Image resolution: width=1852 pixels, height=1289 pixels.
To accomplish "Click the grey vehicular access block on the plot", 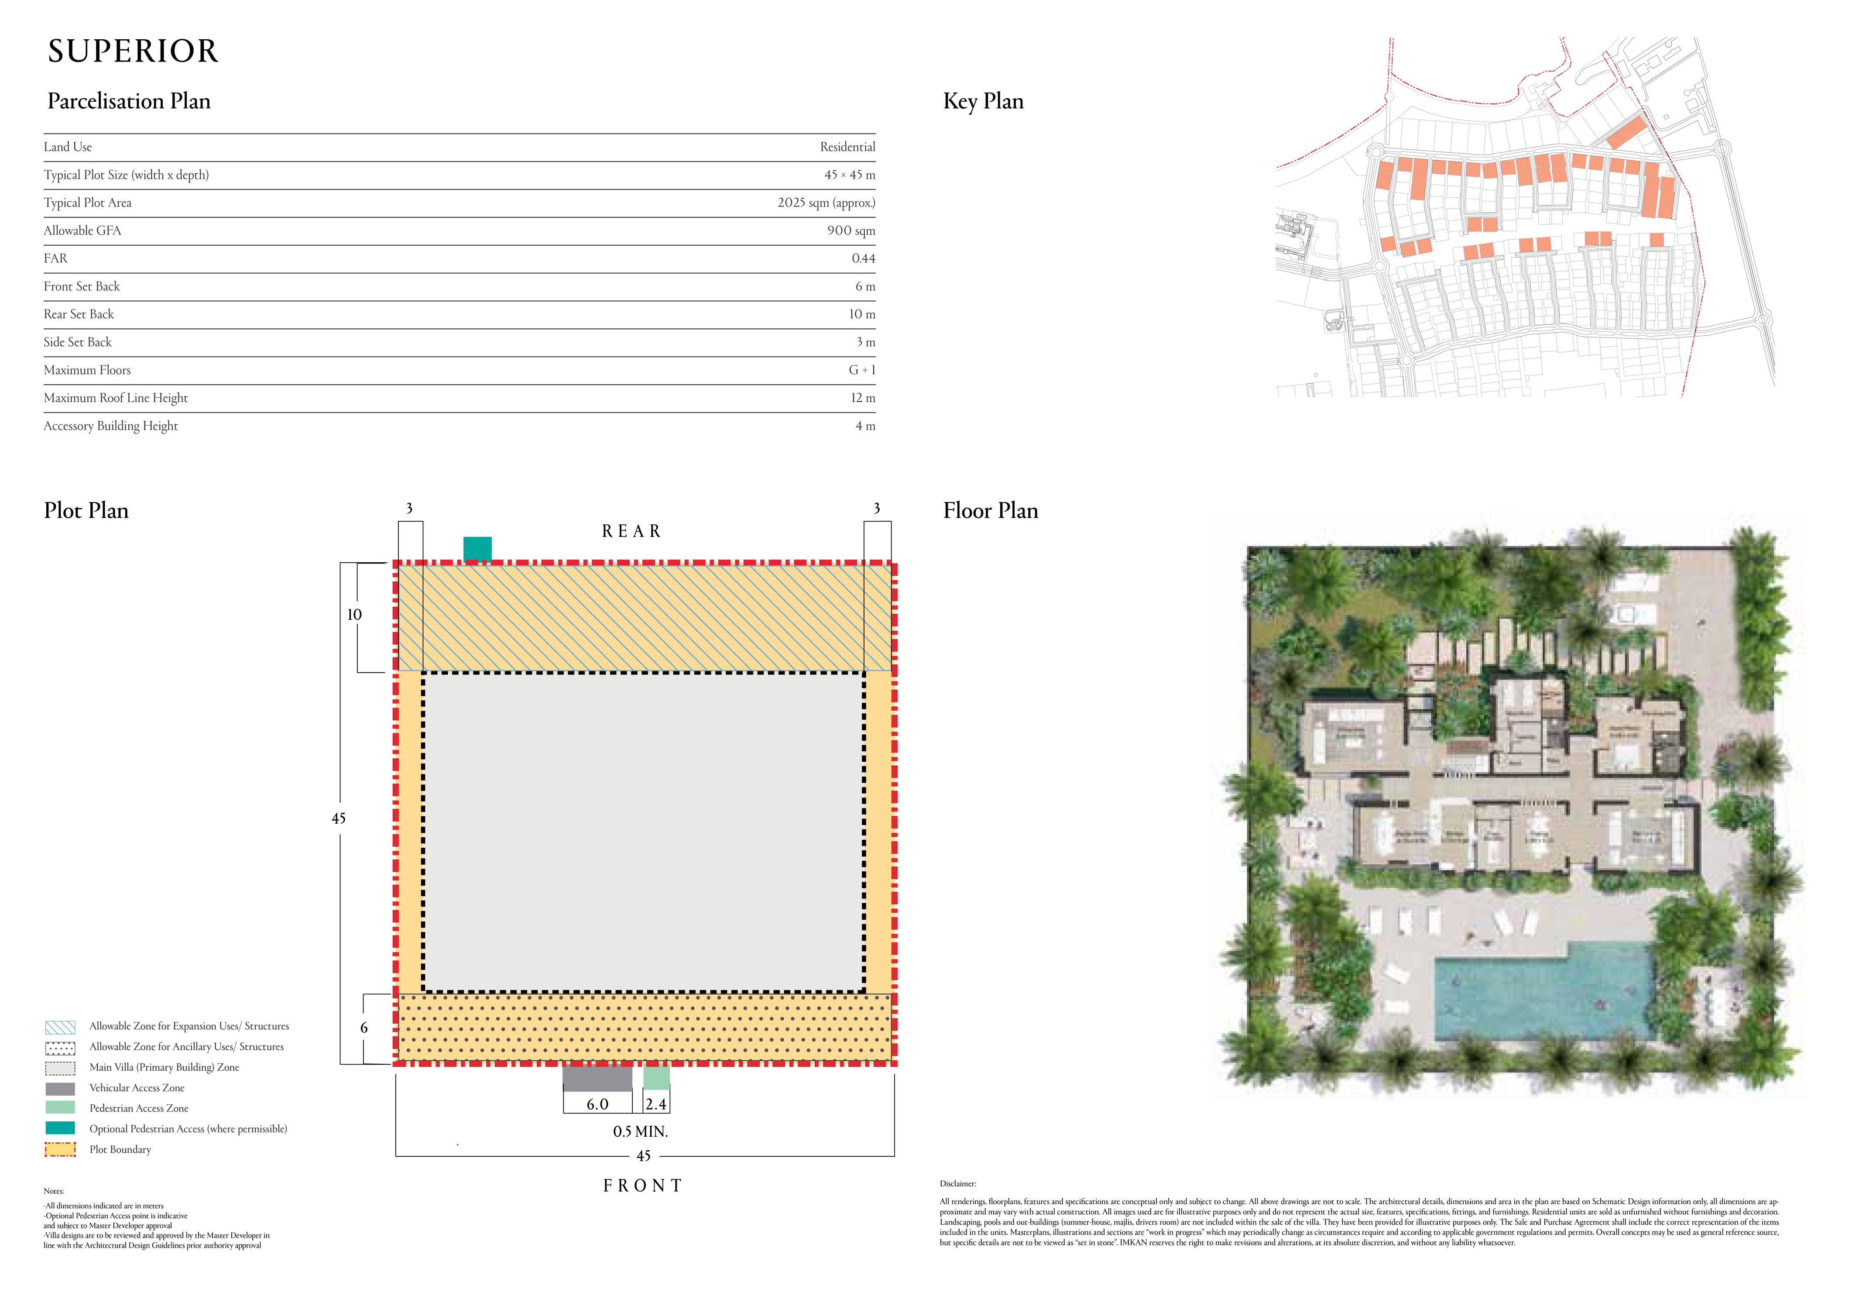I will [x=597, y=1079].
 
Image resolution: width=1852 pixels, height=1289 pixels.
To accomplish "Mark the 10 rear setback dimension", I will [x=354, y=615].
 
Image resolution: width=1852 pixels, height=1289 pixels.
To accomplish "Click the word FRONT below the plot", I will [x=643, y=1186].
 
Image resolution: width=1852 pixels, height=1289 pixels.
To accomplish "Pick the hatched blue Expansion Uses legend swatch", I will [x=61, y=1027].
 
